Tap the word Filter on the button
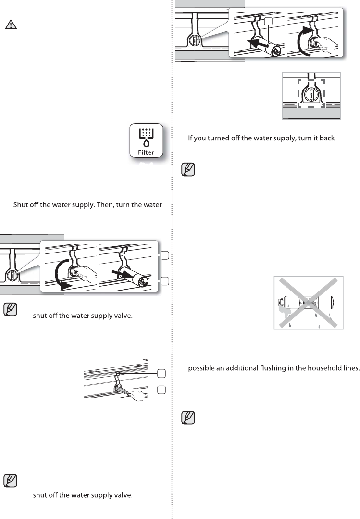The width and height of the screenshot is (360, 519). [x=147, y=152]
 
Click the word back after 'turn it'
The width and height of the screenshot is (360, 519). [x=334, y=139]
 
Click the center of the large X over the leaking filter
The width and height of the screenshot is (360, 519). [x=309, y=303]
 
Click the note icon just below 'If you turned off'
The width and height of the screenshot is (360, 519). [x=188, y=170]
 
